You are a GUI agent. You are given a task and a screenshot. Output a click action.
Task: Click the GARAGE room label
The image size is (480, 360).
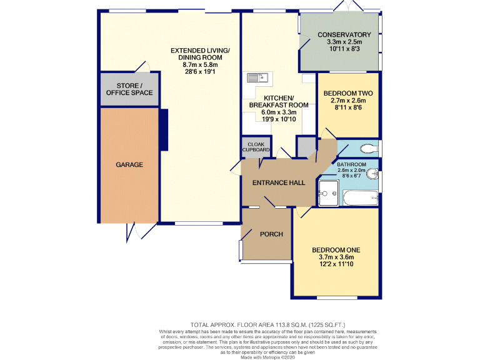(x=129, y=165)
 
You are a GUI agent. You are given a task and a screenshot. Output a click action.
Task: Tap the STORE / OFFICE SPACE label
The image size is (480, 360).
(x=129, y=89)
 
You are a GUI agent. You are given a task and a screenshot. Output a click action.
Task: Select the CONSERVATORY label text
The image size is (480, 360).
(x=344, y=34)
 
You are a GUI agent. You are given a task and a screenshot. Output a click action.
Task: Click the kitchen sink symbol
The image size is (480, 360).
(x=257, y=77)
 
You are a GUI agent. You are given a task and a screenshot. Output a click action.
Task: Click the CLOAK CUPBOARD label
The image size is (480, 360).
(x=256, y=147)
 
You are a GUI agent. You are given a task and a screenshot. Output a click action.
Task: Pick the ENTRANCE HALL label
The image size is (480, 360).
(x=278, y=183)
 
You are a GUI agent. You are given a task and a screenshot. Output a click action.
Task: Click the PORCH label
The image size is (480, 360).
(x=272, y=234)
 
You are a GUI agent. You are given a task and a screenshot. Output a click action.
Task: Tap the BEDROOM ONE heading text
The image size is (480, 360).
(x=336, y=250)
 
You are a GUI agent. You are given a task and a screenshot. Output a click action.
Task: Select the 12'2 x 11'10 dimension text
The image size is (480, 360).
(x=336, y=264)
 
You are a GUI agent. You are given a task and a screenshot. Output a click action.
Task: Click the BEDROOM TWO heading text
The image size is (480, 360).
(x=348, y=93)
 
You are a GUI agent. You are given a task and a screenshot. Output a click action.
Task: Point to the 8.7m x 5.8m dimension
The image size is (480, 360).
(x=200, y=64)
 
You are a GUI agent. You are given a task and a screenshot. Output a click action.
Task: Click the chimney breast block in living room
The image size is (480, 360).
(x=164, y=129)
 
